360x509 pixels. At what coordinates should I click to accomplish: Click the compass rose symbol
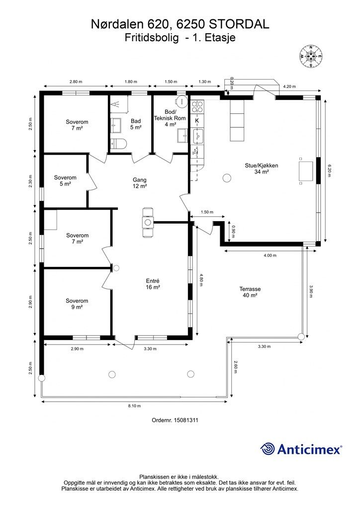point(311,56)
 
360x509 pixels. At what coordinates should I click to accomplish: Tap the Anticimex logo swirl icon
point(268,449)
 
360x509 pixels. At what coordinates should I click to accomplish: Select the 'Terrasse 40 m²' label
point(250,292)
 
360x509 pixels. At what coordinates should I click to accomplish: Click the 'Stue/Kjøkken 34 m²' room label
point(262,169)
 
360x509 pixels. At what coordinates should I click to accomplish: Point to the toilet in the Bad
point(118,143)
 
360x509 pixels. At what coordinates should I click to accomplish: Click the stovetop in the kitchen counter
point(197,106)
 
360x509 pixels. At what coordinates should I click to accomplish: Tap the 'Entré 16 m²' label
point(153,284)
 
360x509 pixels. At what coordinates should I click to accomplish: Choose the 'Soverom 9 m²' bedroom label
point(77,304)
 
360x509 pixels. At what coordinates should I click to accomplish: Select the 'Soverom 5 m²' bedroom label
point(65,180)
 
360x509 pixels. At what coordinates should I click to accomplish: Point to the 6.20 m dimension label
point(330,170)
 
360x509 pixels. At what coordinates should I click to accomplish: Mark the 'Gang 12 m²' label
point(140,183)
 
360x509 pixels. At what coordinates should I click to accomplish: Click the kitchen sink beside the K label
point(198,136)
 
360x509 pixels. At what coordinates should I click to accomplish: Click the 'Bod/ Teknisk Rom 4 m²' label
point(170,118)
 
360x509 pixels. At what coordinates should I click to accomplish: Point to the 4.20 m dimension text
point(289,86)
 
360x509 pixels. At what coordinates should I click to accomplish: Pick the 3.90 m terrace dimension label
point(311,291)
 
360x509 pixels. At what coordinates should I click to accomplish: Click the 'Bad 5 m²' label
point(136,124)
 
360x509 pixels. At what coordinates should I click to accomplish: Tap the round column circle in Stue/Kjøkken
point(227,177)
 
